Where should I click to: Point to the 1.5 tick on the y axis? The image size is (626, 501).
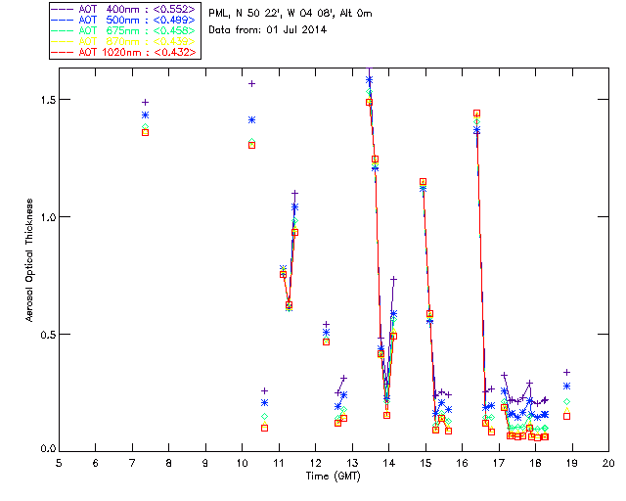(x=40, y=100)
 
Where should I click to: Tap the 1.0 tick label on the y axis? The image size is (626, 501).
(x=40, y=216)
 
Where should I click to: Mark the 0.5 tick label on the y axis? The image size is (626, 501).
(x=40, y=334)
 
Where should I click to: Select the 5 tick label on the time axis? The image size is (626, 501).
(x=59, y=462)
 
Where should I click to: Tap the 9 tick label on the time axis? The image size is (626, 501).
(x=205, y=462)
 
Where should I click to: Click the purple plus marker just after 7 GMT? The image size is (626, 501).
(x=145, y=102)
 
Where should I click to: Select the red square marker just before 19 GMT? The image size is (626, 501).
(x=566, y=416)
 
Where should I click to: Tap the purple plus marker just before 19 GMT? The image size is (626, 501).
(x=566, y=372)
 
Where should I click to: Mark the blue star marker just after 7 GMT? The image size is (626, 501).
(x=145, y=114)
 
